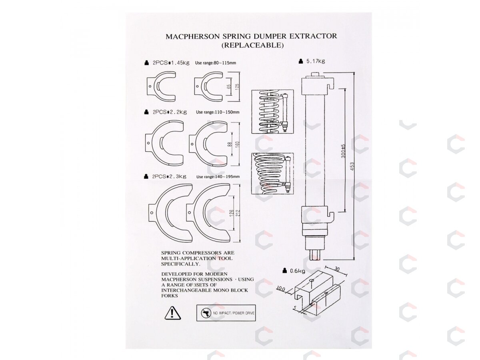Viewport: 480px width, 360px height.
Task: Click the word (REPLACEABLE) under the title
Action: (252, 45)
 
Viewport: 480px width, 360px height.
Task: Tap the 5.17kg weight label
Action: (315, 61)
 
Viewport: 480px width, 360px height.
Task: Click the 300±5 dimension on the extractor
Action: (343, 151)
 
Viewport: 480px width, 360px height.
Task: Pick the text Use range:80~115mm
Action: (215, 63)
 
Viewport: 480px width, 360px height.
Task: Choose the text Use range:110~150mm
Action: (218, 112)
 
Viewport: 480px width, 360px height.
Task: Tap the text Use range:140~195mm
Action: (218, 177)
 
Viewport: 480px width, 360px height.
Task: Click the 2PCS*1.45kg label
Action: (171, 63)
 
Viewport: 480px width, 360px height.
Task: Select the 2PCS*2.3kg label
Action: (169, 176)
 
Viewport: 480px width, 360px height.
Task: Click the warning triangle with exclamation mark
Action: (172, 313)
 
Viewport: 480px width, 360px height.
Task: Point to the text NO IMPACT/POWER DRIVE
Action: (234, 313)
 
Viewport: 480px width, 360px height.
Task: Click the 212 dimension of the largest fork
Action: (238, 213)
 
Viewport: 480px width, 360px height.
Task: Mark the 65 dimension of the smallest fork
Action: (229, 86)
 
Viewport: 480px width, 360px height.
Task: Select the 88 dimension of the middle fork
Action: (229, 144)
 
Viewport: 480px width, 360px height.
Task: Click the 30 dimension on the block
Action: (337, 269)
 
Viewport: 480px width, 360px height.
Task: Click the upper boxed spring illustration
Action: (272, 112)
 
